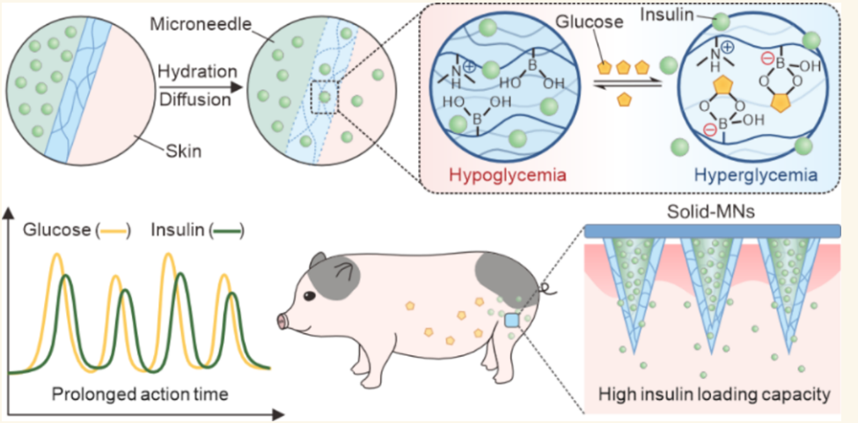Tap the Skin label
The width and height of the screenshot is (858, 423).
183,151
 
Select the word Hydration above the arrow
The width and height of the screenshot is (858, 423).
197,71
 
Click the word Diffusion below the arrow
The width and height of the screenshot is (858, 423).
194,100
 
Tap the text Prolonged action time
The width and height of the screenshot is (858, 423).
139,393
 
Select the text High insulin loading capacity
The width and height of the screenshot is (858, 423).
713,393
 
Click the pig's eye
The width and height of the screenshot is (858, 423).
310,296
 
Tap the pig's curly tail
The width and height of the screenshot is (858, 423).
547,288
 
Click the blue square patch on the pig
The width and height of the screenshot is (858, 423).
511,321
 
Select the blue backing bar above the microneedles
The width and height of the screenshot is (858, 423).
713,231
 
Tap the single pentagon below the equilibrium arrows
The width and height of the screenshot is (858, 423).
624,100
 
